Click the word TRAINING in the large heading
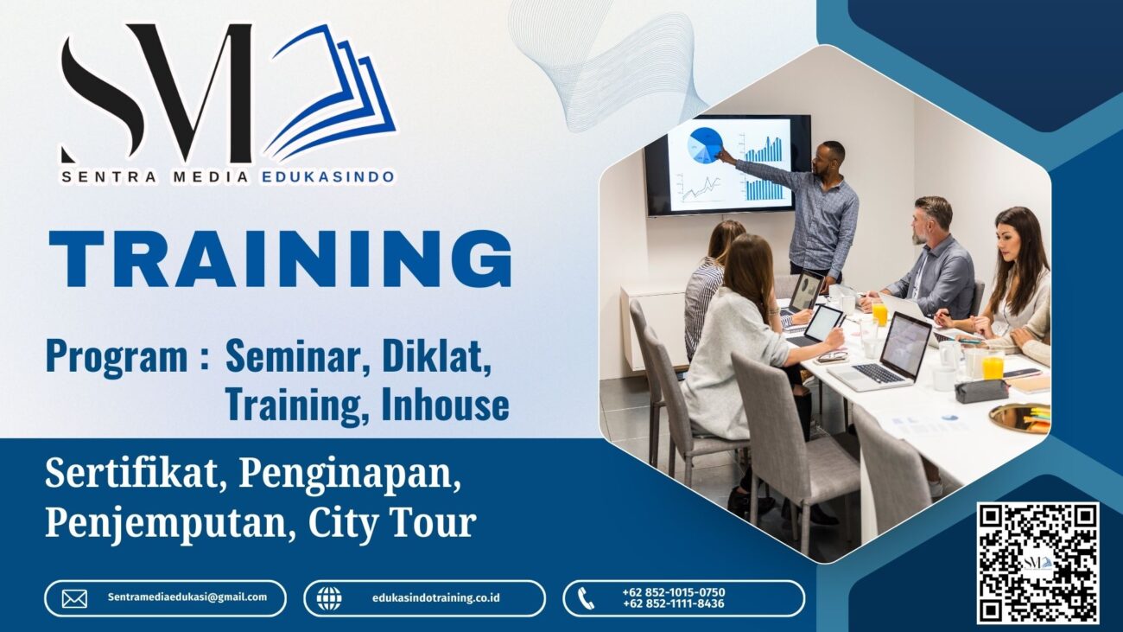280,259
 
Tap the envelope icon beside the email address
74,598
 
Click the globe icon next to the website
328,598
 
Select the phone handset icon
587,598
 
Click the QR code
1037,563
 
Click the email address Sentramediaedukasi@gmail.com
187,597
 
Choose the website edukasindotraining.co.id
436,598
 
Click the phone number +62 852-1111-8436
673,604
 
